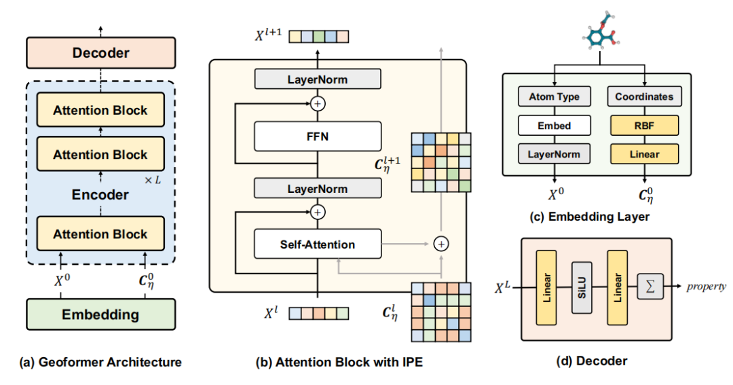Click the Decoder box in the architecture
(x=100, y=52)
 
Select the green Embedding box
(x=100, y=314)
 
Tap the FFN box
(x=318, y=136)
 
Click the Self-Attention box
(x=318, y=244)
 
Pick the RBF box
(x=644, y=125)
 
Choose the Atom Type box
(x=554, y=96)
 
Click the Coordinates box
(x=644, y=96)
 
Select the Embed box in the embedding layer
(x=554, y=125)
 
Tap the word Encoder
(x=100, y=195)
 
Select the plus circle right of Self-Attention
(x=442, y=242)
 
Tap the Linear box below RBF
(x=644, y=154)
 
